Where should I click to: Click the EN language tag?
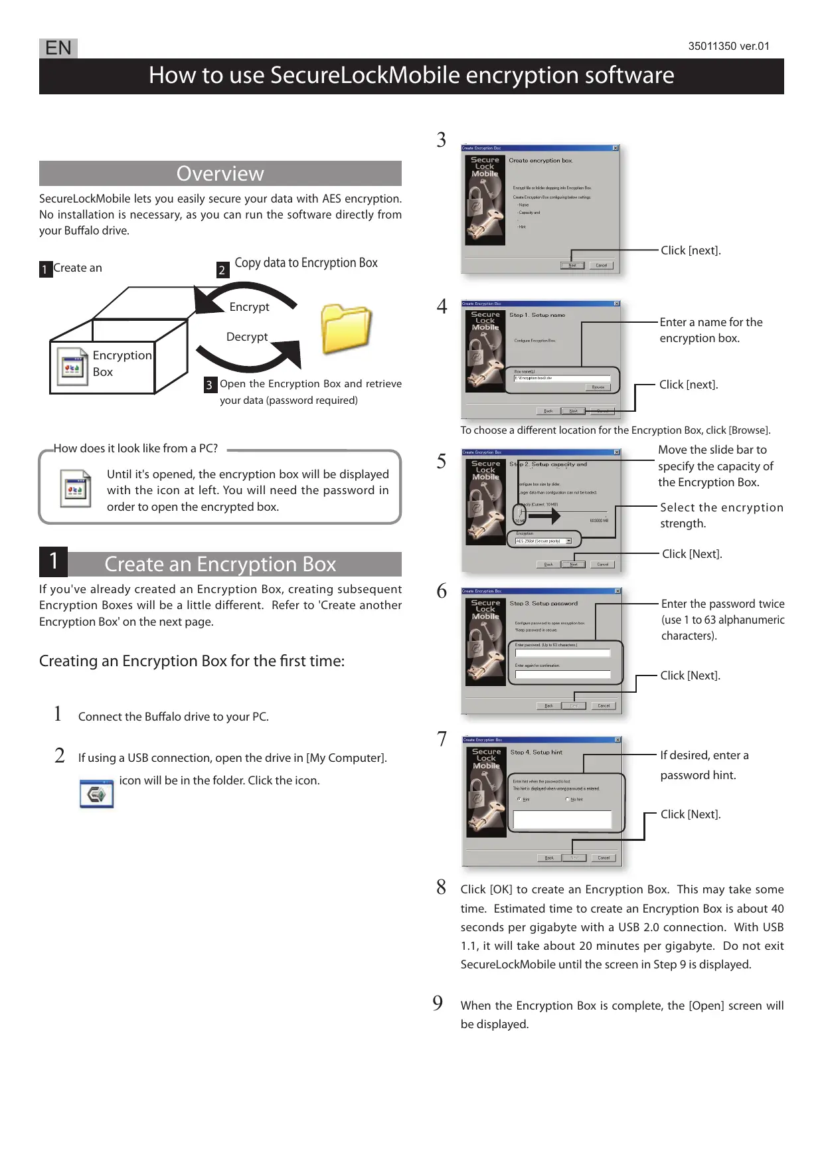click(x=58, y=48)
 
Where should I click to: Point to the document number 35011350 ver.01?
click(x=728, y=46)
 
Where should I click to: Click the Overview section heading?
click(x=220, y=173)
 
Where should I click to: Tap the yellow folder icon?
click(x=345, y=329)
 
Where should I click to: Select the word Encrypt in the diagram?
click(x=249, y=307)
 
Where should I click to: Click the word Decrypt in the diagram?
click(x=247, y=337)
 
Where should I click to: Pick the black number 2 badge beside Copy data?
click(x=222, y=270)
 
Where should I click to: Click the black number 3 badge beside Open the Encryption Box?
click(x=209, y=385)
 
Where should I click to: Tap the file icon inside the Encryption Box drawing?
click(x=72, y=366)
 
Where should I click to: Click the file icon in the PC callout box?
click(x=75, y=489)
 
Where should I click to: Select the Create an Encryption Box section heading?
click(x=220, y=564)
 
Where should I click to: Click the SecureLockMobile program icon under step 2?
click(x=96, y=794)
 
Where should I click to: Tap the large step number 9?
click(x=438, y=1002)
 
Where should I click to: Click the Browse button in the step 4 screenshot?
click(x=598, y=387)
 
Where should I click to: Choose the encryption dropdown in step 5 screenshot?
click(x=544, y=541)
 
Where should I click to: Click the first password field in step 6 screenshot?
click(x=562, y=653)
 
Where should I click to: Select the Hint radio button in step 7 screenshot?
click(x=519, y=799)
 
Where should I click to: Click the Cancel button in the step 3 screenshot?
click(x=601, y=265)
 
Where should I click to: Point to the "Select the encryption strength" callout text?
click(x=721, y=515)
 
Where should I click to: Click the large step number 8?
click(x=441, y=887)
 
